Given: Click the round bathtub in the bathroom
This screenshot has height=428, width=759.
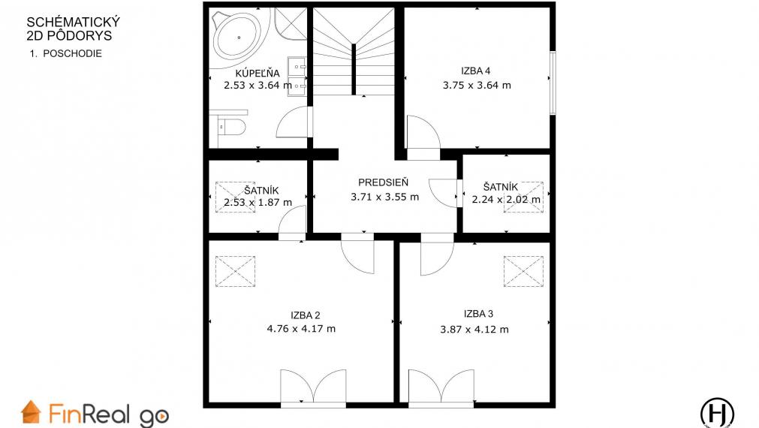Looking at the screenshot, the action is (x=239, y=36).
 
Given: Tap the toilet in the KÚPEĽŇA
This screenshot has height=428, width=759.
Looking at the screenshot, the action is (x=231, y=128).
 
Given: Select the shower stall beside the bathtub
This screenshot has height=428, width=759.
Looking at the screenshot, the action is (x=291, y=24).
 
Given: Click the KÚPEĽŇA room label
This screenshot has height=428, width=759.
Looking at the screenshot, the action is (x=258, y=73).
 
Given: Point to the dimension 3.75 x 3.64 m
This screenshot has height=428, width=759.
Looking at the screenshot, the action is (x=477, y=85).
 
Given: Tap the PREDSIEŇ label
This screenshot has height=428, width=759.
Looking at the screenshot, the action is (x=384, y=182).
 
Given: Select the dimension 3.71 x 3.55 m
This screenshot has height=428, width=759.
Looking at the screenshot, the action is (x=385, y=197).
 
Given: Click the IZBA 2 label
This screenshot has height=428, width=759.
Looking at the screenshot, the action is (x=305, y=315).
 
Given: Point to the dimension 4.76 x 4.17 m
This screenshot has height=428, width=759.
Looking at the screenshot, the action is (x=301, y=329).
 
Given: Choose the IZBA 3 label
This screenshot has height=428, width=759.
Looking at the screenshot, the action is (x=478, y=314).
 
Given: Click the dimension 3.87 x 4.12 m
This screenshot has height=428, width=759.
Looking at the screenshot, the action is (x=474, y=330).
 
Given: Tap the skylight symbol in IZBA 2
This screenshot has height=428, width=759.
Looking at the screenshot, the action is (x=235, y=271).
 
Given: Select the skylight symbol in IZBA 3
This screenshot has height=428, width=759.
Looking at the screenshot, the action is (x=523, y=271).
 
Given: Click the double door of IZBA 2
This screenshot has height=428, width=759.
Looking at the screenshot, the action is (x=313, y=387).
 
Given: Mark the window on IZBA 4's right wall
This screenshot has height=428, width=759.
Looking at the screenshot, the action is (x=553, y=83).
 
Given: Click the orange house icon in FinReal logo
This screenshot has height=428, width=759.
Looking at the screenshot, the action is (x=31, y=412).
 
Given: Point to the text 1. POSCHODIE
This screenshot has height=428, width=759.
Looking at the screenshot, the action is (x=66, y=54).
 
